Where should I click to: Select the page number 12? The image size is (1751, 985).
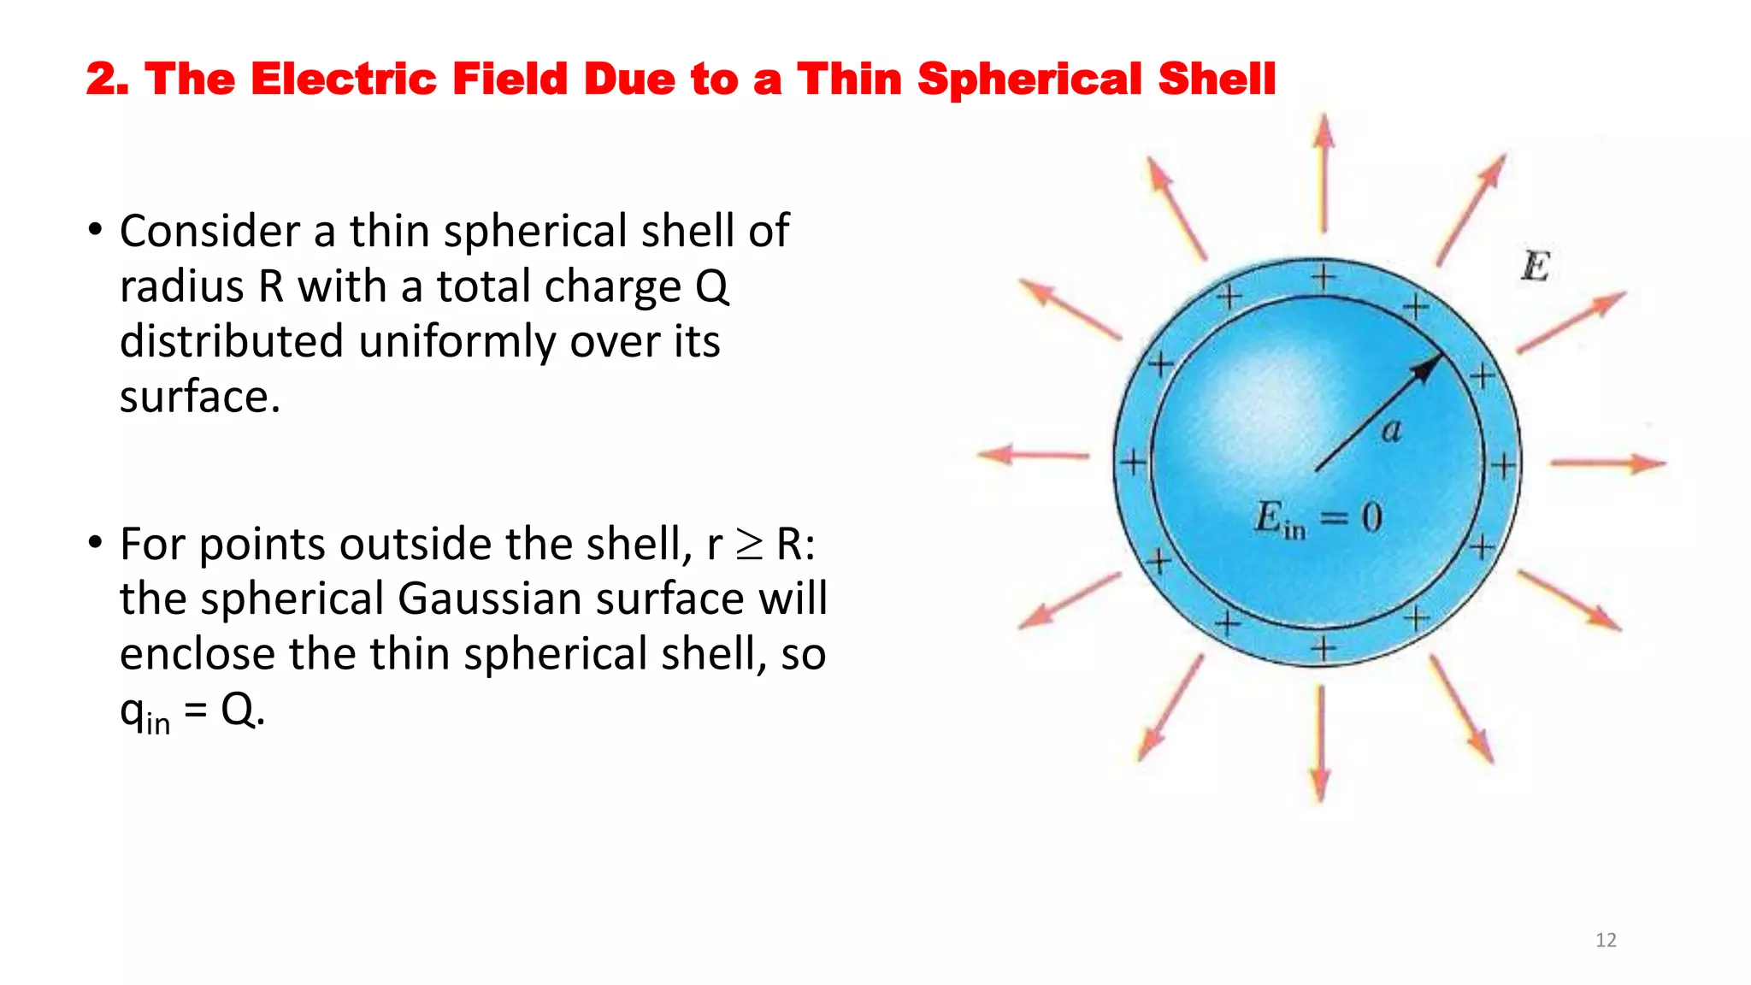point(1606,940)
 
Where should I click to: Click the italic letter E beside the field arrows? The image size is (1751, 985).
point(1536,266)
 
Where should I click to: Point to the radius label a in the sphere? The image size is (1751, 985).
point(1392,430)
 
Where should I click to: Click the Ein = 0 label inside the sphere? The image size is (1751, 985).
point(1318,518)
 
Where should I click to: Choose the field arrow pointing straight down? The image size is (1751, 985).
point(1321,744)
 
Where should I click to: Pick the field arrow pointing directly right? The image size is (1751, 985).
point(1608,463)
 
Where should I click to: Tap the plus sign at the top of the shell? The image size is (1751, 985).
point(1324,277)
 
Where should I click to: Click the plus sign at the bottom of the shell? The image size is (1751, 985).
point(1324,649)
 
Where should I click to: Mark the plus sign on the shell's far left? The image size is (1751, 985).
point(1134,463)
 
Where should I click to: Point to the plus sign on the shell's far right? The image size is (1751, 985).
point(1504,465)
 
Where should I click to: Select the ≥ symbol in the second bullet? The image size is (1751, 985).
point(749,545)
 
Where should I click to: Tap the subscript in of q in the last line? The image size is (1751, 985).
point(157,723)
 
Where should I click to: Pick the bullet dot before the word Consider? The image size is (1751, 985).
point(96,230)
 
